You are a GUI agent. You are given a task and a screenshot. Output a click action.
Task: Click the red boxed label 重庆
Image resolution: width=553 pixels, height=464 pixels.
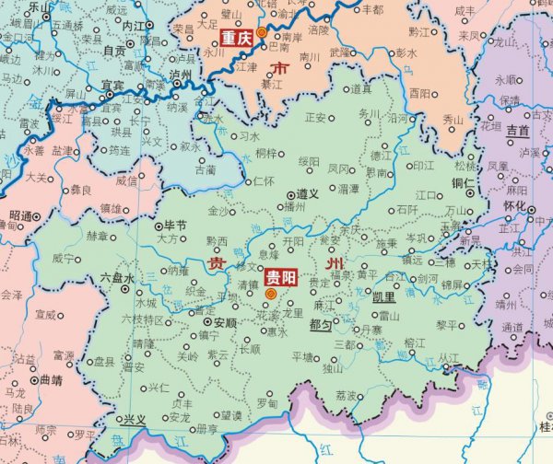[x=237, y=39]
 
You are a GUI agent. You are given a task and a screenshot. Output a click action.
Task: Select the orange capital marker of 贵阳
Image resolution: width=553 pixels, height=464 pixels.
[x=270, y=295]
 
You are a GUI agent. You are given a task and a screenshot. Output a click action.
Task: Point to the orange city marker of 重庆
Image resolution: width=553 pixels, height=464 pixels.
[x=261, y=32]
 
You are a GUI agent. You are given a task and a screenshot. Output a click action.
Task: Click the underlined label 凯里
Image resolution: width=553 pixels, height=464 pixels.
[x=383, y=297]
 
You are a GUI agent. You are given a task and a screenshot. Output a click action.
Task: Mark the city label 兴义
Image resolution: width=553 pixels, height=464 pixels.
[x=135, y=419]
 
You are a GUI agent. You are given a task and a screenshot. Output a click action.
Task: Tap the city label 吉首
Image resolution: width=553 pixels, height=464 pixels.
[x=517, y=132]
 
